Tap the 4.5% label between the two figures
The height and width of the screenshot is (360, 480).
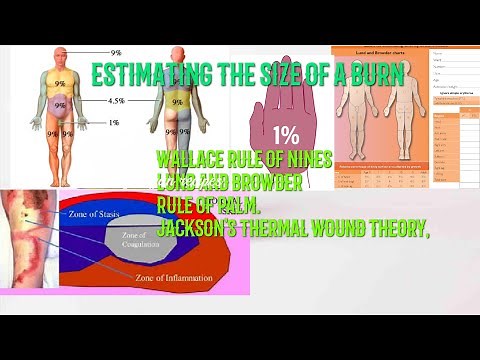tap(116, 101)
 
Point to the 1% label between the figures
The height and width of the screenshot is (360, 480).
tap(115, 122)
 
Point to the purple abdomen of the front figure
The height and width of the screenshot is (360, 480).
tap(60, 104)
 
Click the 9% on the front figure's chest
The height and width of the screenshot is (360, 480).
tap(60, 85)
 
